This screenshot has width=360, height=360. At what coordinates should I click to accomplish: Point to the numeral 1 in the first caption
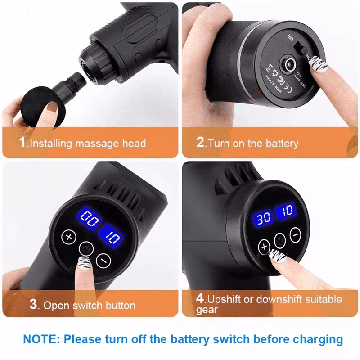pos(22,143)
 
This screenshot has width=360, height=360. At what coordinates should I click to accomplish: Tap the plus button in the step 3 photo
pos(69,237)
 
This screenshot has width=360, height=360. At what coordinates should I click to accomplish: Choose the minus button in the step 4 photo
pos(295,234)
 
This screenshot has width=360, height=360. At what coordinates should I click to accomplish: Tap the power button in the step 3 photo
pos(85,248)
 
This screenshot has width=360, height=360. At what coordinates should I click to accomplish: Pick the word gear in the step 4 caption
pos(207,310)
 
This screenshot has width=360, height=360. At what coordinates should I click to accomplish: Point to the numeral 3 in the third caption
pos(33,304)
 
